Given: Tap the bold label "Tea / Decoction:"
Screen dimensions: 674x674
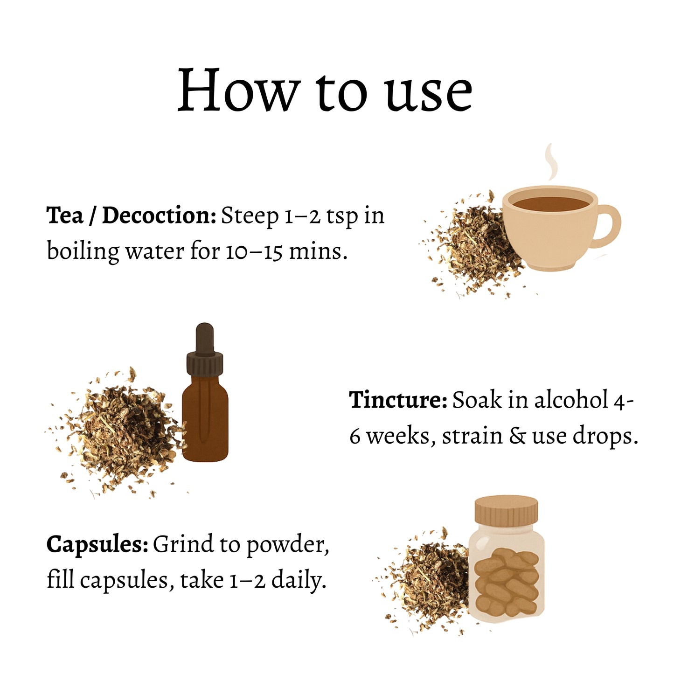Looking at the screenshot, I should tap(131, 215).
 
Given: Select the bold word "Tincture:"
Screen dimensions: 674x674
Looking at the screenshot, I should tap(398, 400).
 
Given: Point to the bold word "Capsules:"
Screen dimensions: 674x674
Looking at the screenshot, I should tap(97, 544).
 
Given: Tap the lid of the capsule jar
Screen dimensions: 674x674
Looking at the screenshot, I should tap(506, 510).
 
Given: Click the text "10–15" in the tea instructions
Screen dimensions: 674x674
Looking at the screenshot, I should tap(254, 252).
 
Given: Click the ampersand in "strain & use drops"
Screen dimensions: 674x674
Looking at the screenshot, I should tap(517, 437).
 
